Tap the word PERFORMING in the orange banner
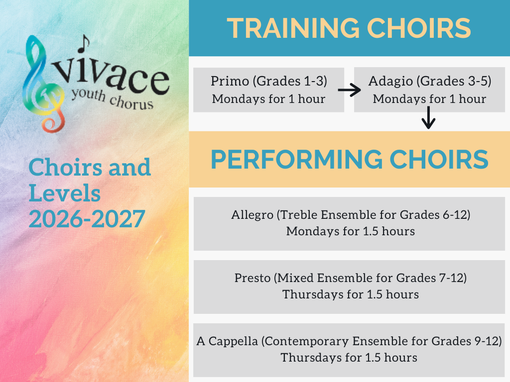[296, 160]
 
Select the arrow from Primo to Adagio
[349, 90]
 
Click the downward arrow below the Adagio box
[428, 117]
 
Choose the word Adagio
[390, 82]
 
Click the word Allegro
[252, 215]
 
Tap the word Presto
[253, 278]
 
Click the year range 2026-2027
[87, 219]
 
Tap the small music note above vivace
[83, 44]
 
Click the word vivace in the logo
[111, 76]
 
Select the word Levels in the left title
[65, 193]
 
